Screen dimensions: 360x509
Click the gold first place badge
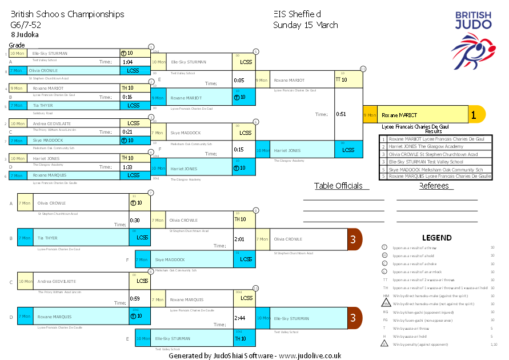pyautogui.click(x=474, y=114)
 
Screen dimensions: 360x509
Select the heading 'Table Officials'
pyautogui.click(x=338, y=186)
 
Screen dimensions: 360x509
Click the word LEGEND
pyautogui.click(x=436, y=238)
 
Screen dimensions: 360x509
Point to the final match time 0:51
pyautogui.click(x=342, y=114)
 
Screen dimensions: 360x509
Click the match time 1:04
pyautogui.click(x=127, y=62)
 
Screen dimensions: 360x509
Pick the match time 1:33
pyautogui.click(x=127, y=167)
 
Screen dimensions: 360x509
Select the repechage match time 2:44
pyautogui.click(x=239, y=318)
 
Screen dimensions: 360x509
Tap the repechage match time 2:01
pyautogui.click(x=239, y=239)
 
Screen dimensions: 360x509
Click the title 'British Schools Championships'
pyautogui.click(x=67, y=14)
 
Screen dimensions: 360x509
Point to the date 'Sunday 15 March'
pyautogui.click(x=305, y=25)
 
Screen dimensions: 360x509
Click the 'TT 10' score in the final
pyautogui.click(x=341, y=80)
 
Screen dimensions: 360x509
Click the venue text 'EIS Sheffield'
pyautogui.click(x=296, y=14)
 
